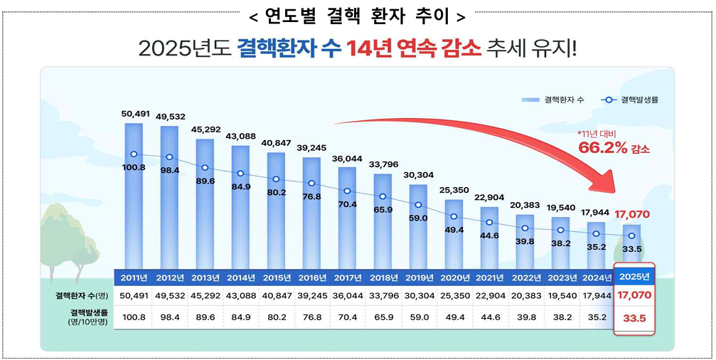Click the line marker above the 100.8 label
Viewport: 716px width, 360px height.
pyautogui.click(x=134, y=154)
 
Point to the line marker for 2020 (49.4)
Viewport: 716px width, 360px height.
pyautogui.click(x=454, y=216)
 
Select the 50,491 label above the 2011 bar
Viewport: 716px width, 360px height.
pyautogui.click(x=134, y=113)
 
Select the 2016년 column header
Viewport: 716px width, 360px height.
pyautogui.click(x=311, y=277)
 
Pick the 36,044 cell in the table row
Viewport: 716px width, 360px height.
pyautogui.click(x=347, y=295)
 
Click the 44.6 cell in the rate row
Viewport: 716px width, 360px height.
pyautogui.click(x=489, y=318)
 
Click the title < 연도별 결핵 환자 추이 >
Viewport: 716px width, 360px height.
pyautogui.click(x=358, y=15)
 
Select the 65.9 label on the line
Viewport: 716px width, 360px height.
pyautogui.click(x=383, y=210)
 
